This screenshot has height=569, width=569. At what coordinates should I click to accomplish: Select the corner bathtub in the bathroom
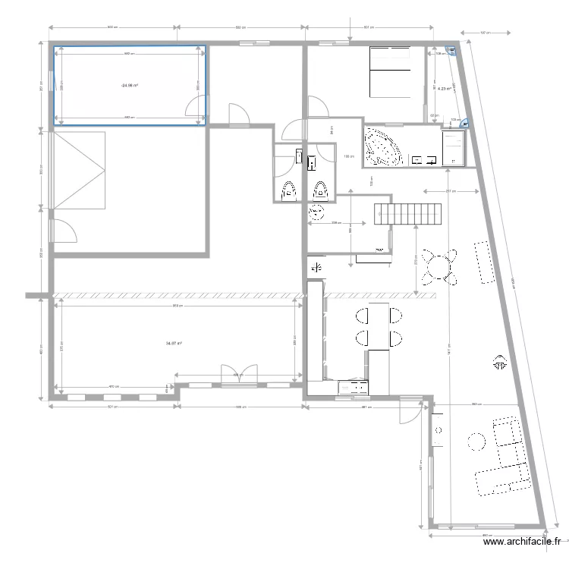(x=383, y=146)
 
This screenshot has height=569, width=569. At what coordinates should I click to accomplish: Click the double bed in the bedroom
(x=391, y=72)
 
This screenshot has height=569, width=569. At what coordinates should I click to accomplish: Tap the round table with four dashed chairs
(x=439, y=266)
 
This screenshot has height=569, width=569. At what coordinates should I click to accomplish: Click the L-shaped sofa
(x=505, y=457)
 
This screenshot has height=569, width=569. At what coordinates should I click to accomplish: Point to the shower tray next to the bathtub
(x=454, y=146)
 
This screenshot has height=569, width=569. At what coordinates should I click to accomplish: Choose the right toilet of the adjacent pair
(x=320, y=190)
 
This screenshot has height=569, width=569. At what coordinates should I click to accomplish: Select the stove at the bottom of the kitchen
(x=352, y=388)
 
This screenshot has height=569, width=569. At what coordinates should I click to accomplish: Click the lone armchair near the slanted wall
(x=499, y=363)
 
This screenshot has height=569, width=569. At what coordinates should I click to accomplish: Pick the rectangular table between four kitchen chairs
(x=377, y=326)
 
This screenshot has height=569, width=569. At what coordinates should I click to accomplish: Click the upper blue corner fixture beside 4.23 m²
(x=452, y=51)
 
